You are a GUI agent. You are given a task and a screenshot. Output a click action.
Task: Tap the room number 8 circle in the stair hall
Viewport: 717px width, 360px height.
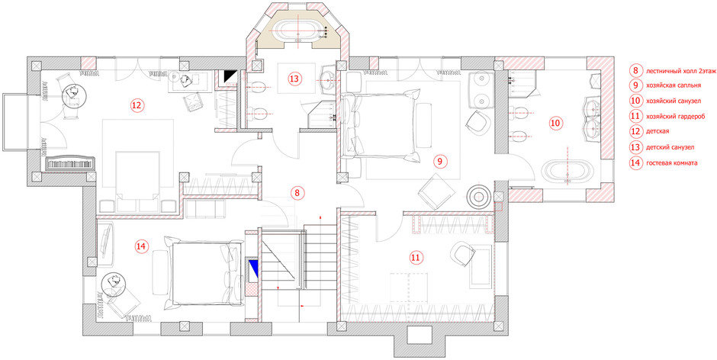[297, 192]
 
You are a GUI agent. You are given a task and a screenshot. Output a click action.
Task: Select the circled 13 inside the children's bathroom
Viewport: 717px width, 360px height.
[295, 79]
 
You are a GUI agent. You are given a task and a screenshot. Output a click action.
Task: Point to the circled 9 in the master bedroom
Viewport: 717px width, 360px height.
[439, 161]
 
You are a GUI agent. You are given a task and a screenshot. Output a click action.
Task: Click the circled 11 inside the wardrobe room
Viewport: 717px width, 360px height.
[415, 258]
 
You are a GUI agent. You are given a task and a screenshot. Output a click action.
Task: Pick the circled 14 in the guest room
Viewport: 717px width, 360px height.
[141, 246]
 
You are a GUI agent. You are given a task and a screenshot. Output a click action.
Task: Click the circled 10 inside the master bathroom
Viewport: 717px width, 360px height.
[555, 123]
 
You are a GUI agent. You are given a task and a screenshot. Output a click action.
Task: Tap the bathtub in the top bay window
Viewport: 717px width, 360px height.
[299, 31]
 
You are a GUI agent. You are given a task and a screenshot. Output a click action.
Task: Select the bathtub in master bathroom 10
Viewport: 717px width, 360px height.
[567, 172]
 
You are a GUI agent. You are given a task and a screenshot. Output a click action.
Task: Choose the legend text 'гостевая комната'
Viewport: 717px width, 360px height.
[672, 163]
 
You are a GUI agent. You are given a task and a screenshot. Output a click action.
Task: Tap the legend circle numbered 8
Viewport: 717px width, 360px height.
[635, 71]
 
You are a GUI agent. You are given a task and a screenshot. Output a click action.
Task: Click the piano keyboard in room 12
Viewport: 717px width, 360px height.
[71, 164]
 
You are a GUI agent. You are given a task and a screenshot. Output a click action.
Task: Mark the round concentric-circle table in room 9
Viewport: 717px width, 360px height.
[479, 197]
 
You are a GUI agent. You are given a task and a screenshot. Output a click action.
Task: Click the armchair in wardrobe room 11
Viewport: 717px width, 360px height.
[463, 254]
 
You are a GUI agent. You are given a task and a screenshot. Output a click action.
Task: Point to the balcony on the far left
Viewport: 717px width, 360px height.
[15, 121]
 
